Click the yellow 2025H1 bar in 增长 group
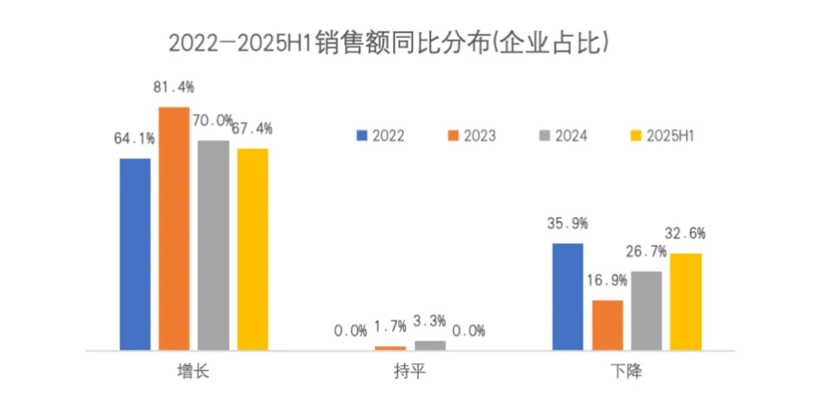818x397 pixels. (x=252, y=249)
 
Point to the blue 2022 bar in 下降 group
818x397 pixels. (x=568, y=296)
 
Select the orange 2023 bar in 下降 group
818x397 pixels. (x=607, y=325)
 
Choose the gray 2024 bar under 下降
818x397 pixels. (x=646, y=311)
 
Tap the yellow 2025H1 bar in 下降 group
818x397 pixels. (x=686, y=302)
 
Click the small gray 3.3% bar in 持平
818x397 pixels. (x=430, y=346)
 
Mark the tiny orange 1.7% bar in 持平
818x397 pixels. (x=391, y=348)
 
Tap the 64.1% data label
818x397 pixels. (x=134, y=139)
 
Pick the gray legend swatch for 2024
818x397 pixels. (x=544, y=136)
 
